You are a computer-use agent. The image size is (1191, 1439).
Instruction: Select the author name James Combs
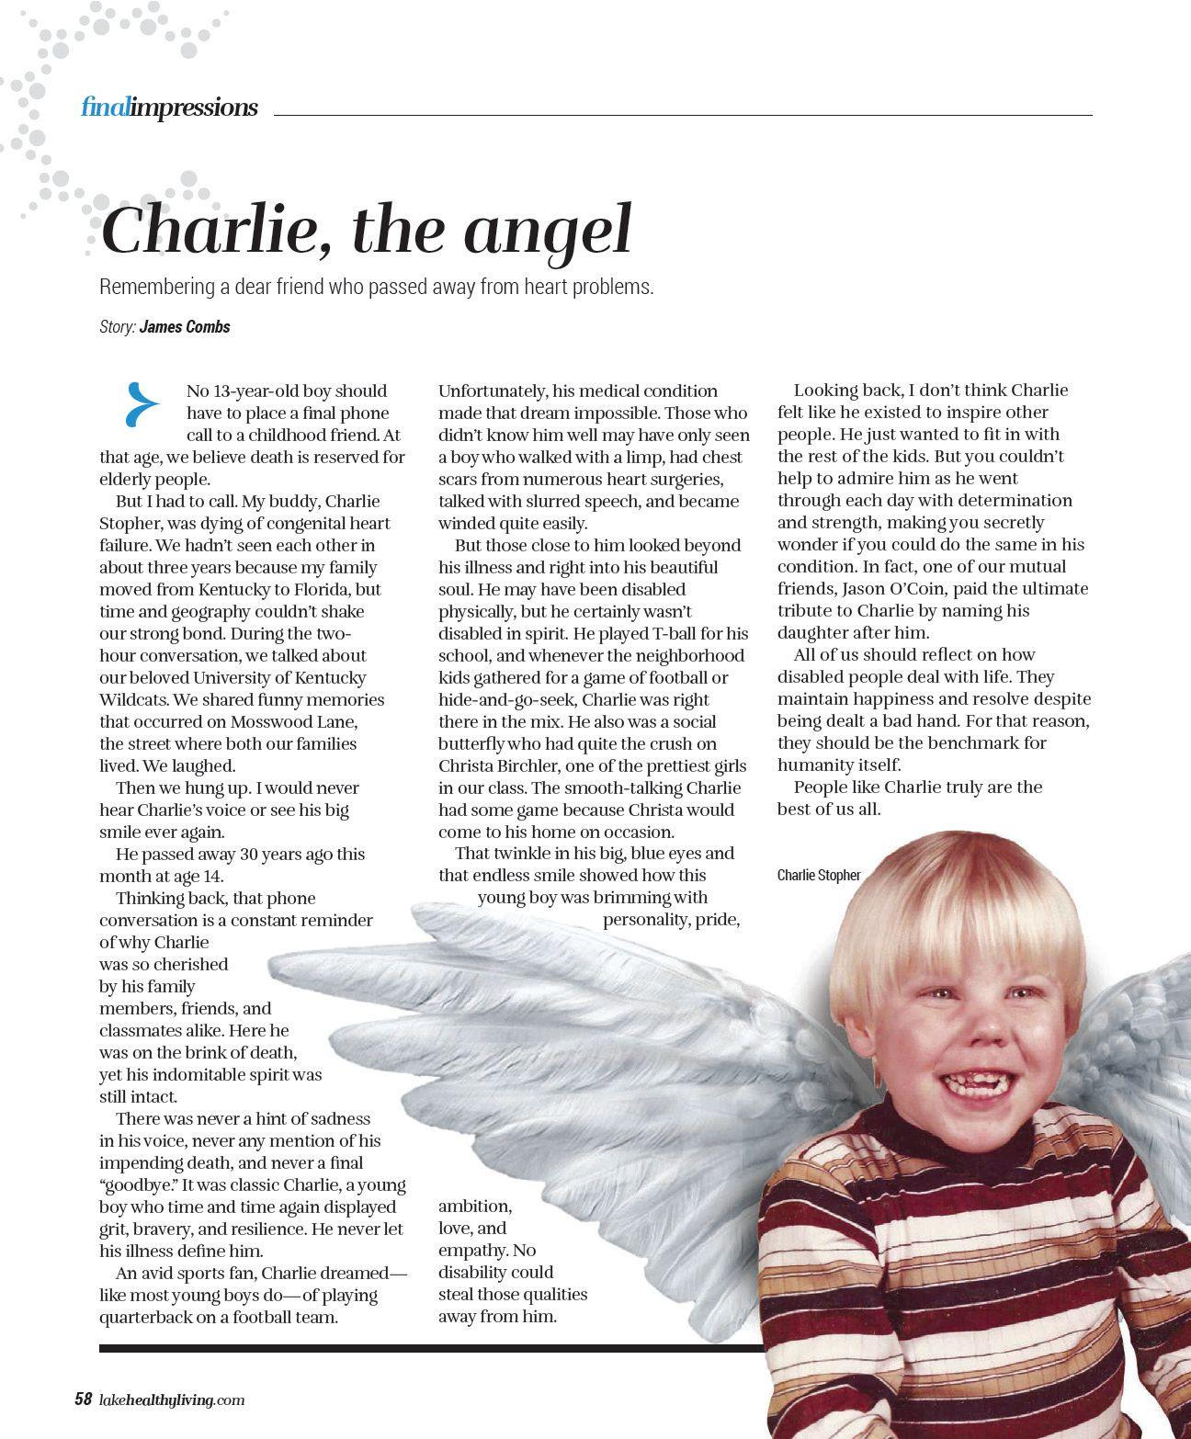tap(185, 326)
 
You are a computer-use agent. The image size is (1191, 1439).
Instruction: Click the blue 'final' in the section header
tap(105, 108)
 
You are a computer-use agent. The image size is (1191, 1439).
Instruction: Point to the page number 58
tap(83, 1399)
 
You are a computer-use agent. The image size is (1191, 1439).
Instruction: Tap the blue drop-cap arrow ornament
tap(142, 405)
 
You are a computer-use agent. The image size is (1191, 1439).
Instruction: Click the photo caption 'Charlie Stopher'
tap(818, 875)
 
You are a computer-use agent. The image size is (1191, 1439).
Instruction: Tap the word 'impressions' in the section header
tap(194, 108)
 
